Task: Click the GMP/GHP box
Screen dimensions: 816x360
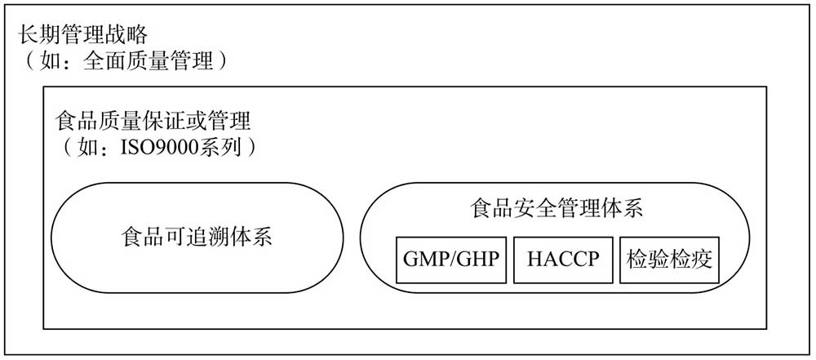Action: [x=450, y=260]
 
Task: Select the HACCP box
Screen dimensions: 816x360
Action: [x=562, y=260]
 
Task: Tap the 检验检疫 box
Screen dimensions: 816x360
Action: [x=669, y=260]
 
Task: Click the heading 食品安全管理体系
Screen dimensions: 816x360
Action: [x=556, y=209]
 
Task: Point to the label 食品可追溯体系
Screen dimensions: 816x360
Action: [x=197, y=238]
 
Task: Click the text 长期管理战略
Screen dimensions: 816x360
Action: [x=83, y=35]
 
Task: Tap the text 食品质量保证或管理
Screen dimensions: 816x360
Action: [x=153, y=122]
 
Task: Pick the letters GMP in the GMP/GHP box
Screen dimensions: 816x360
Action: [x=424, y=260]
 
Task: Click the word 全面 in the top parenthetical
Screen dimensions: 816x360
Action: [x=104, y=62]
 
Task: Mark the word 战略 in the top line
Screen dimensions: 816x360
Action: [x=126, y=35]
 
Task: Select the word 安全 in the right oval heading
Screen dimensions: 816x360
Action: [x=534, y=209]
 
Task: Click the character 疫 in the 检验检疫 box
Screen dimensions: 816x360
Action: [x=702, y=260]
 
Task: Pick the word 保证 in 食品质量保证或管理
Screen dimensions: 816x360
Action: [x=163, y=122]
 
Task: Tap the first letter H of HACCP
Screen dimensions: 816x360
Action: [x=534, y=260]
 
